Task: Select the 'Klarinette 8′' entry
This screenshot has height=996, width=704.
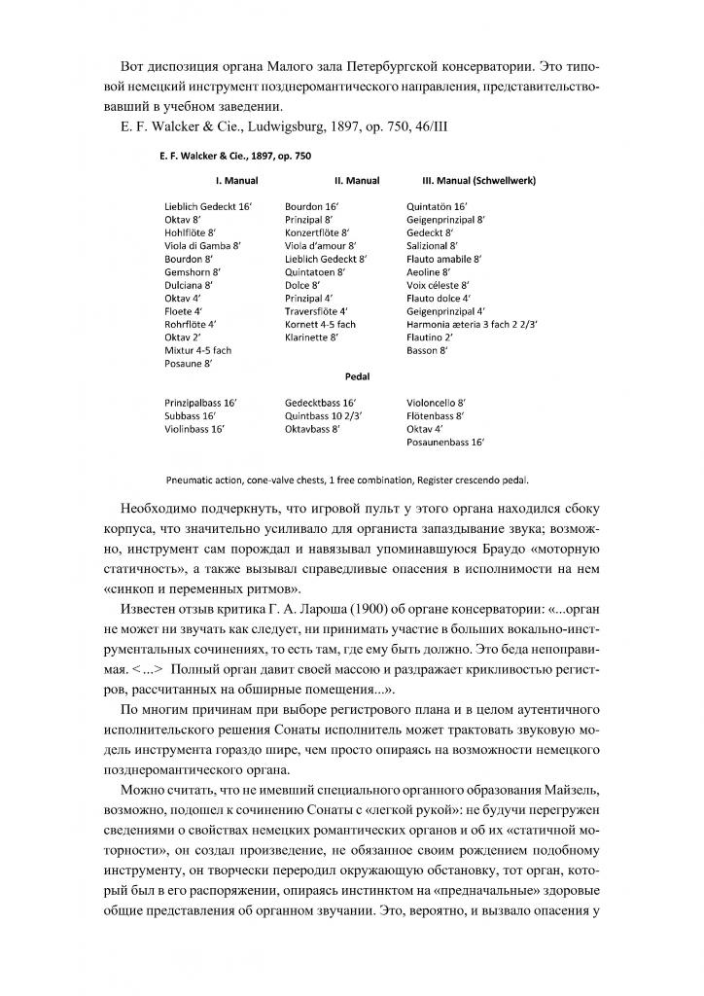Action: coord(311,337)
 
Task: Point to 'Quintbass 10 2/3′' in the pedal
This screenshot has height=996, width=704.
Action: coord(324,415)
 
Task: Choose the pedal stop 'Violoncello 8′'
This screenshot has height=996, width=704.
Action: coord(437,402)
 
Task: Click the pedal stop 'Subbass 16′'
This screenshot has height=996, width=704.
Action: coord(190,415)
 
